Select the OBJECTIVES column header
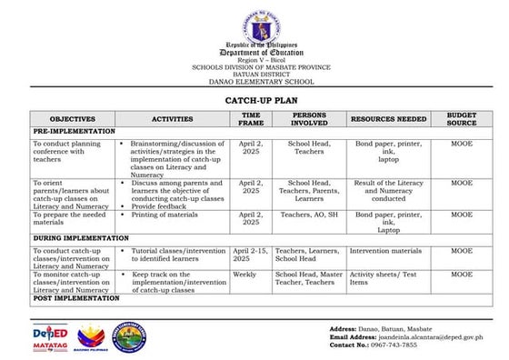tap(72, 119)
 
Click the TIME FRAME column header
tap(251, 119)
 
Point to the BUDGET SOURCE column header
tap(462, 119)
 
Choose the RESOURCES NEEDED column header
tap(388, 119)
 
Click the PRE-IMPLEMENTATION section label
tap(72, 132)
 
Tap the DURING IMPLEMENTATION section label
tap(80, 238)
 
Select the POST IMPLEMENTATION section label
tap(75, 297)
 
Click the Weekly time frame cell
tap(245, 274)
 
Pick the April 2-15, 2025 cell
tap(251, 255)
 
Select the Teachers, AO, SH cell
tap(308, 215)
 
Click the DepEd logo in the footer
tap(51, 337)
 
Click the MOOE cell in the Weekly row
tap(462, 274)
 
